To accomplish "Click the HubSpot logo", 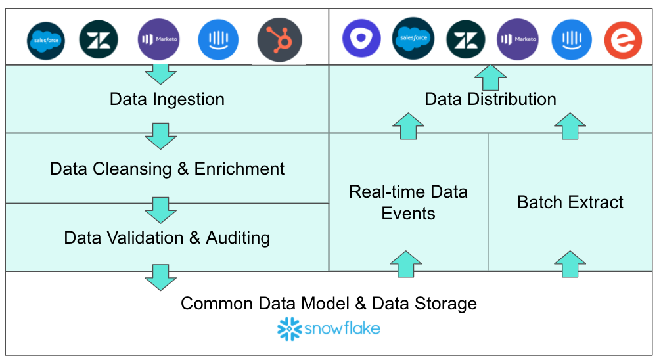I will [279, 40].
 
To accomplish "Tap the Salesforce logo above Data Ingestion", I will [46, 40].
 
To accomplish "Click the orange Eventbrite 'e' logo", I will [622, 40].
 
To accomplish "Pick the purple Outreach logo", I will [361, 39].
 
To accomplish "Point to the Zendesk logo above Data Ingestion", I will [99, 40].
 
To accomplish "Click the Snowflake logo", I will [329, 328].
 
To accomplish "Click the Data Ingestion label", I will [167, 99].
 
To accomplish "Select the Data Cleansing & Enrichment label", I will [167, 168].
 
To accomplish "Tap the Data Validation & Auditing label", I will [167, 237].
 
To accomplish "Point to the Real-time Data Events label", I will [408, 202].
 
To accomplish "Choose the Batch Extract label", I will [570, 202].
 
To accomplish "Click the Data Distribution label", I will [490, 99].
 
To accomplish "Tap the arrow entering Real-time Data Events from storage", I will [407, 264].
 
